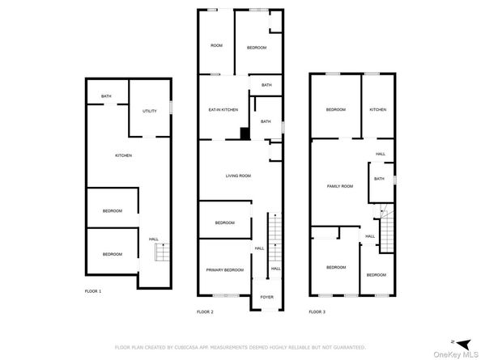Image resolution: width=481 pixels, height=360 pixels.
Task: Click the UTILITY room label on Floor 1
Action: point(149,111)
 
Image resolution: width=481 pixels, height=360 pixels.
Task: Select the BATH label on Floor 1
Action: point(106,96)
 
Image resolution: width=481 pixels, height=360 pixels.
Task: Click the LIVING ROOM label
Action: point(238,176)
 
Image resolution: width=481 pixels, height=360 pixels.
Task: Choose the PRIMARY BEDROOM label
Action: point(224,269)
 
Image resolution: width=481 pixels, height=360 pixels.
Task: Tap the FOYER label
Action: point(266,297)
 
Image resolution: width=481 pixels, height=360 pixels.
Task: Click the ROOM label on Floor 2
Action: point(216,45)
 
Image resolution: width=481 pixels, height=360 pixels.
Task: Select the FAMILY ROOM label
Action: point(340,186)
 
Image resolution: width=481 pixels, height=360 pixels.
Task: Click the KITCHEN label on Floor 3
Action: point(378,109)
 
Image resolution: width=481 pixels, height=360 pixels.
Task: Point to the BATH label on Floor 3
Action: point(379,179)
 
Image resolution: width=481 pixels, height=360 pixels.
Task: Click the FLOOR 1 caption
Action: point(93,290)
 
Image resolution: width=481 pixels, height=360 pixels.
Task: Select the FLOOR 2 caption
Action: point(205,311)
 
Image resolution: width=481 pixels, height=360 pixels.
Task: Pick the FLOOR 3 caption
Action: point(317,311)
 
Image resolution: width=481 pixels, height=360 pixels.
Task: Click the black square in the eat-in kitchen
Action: point(244,134)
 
